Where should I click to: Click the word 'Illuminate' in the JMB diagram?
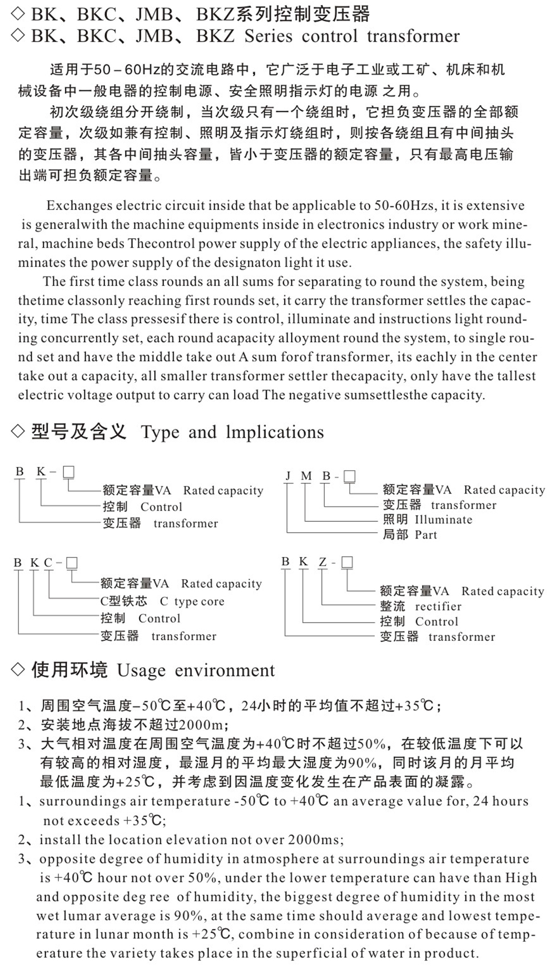pos(443,520)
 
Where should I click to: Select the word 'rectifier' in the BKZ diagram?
pos(438,606)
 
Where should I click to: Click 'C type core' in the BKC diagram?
pos(192,601)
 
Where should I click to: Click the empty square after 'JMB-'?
pos(349,476)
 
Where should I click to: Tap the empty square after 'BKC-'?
pos(71,563)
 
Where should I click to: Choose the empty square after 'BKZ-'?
pos(347,563)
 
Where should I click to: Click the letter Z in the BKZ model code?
pos(322,563)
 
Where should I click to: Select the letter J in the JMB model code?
pos(288,476)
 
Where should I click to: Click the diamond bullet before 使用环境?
pos(18,670)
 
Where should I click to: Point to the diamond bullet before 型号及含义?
pos(18,431)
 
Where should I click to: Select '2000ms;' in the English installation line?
pos(316,840)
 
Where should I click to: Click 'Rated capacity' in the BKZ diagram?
pos(502,591)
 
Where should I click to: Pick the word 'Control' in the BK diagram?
pos(161,507)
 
